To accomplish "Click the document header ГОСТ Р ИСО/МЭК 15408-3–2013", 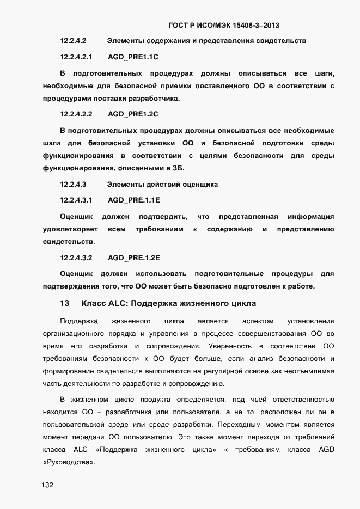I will click(224, 25).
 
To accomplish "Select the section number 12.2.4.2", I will click(73, 41).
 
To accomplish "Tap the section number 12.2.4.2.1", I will click(76, 57).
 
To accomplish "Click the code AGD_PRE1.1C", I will click(133, 57).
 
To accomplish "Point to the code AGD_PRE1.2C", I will click(133, 114).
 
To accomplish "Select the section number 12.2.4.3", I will click(73, 185).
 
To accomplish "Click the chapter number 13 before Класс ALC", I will click(64, 303).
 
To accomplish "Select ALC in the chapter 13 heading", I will click(114, 303).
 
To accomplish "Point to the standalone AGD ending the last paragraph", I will click(326, 450).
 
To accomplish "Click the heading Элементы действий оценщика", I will click(162, 185).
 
